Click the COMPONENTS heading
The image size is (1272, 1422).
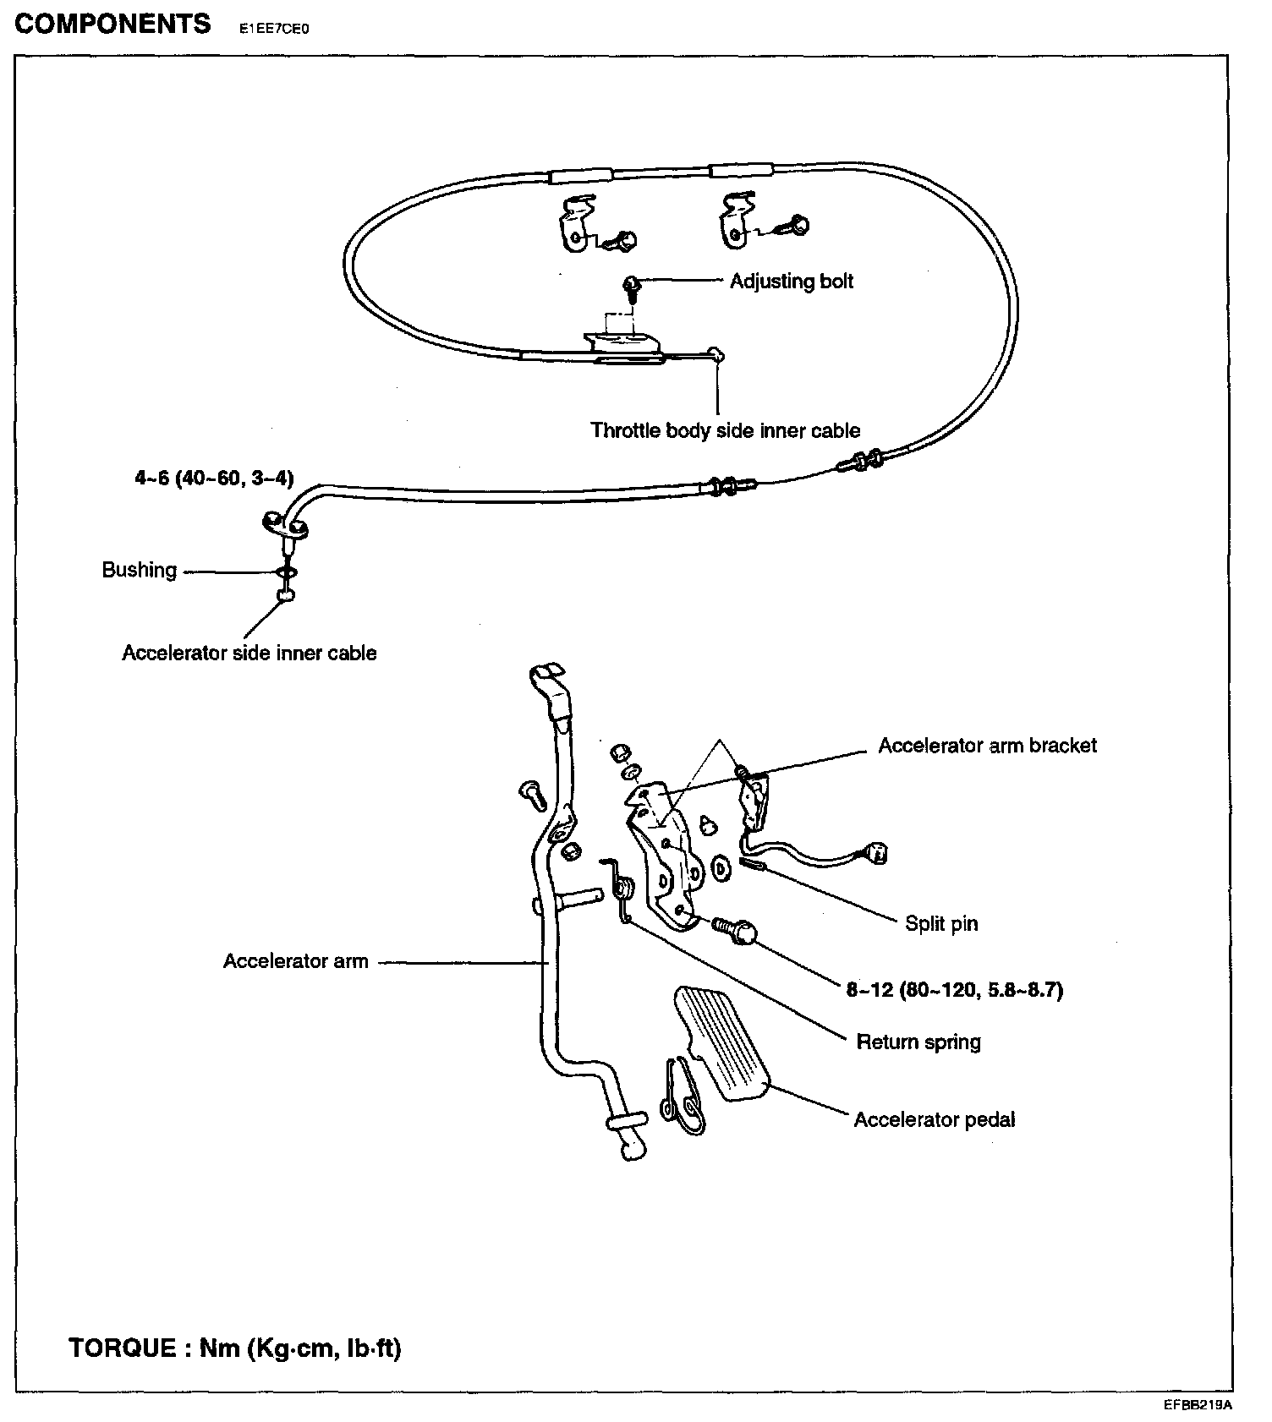[x=112, y=24]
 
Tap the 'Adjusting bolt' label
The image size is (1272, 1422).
[x=791, y=282]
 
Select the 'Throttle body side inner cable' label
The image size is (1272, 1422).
[x=725, y=430]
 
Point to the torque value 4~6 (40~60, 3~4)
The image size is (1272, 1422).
[x=214, y=479]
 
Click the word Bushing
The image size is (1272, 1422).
[x=140, y=570]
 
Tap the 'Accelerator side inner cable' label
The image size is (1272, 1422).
[x=249, y=653]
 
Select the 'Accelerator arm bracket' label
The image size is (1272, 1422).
[x=987, y=746]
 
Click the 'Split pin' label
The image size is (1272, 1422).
[x=940, y=923]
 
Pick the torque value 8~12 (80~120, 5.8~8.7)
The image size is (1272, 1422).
[x=954, y=989]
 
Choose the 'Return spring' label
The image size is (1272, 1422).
[x=918, y=1042]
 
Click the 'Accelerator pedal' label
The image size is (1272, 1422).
[x=934, y=1120]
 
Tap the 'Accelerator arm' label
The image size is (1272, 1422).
[x=295, y=961]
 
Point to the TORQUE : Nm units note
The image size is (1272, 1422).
[x=234, y=1347]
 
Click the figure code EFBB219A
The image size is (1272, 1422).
[x=1198, y=1405]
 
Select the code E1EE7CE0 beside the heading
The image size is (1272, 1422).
[x=275, y=28]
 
